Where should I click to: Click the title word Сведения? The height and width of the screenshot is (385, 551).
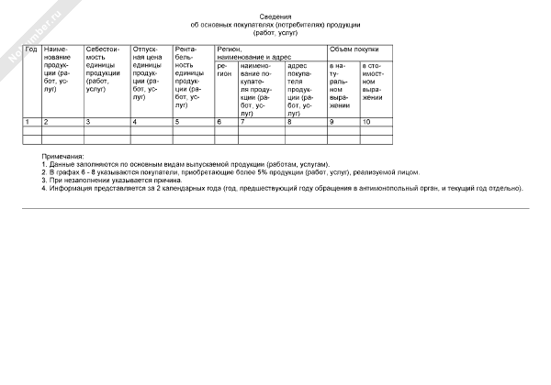(275, 16)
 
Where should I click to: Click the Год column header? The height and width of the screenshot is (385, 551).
(31, 49)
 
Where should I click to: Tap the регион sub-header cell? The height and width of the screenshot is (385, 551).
(224, 70)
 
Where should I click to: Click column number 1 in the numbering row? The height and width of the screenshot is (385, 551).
(28, 121)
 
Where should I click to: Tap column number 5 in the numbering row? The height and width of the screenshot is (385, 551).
(176, 121)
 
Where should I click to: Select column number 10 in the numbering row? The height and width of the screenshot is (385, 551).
(366, 121)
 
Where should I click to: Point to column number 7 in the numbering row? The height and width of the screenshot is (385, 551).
(242, 121)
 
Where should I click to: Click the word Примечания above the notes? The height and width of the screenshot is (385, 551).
(62, 157)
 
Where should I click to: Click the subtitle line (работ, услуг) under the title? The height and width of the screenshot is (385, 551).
(275, 32)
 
